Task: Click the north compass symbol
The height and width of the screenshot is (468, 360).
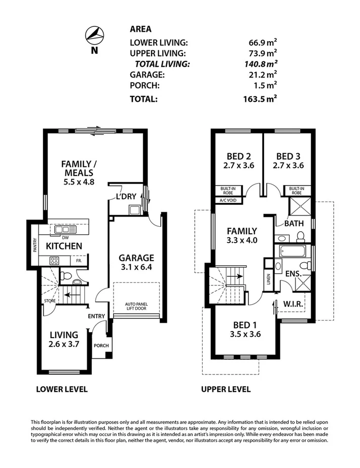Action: click(x=95, y=35)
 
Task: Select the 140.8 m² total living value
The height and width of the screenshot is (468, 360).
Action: click(x=260, y=64)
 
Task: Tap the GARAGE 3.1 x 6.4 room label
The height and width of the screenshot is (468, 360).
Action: click(x=136, y=262)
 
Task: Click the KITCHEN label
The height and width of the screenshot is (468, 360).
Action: click(x=64, y=246)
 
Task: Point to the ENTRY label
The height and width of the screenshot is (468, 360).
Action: click(x=96, y=316)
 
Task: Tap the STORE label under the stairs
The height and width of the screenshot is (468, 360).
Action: click(x=50, y=301)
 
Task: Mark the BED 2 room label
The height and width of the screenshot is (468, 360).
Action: click(x=237, y=160)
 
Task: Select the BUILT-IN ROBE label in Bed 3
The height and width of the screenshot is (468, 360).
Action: click(x=296, y=190)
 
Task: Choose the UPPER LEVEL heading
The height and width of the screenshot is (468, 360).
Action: click(x=226, y=389)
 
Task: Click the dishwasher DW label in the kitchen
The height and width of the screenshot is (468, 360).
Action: click(x=64, y=237)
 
